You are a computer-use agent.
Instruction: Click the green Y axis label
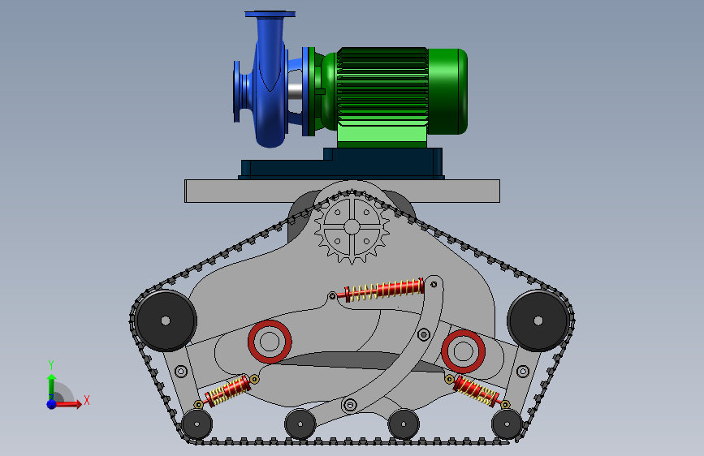(51, 365)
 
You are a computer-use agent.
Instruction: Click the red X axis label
(87, 400)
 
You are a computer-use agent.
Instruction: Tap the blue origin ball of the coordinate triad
(52, 404)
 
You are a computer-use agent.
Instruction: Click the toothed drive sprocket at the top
(352, 227)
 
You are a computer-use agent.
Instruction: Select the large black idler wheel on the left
(166, 320)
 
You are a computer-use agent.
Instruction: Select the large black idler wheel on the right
(538, 320)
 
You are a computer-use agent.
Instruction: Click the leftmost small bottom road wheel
(197, 424)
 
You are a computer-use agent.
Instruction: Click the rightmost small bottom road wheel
(507, 424)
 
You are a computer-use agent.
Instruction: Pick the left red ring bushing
(270, 342)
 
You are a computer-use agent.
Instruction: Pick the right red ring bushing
(464, 351)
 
